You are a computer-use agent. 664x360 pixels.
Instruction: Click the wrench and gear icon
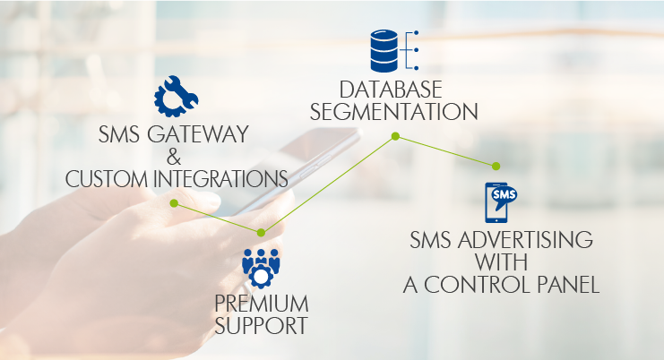click(x=176, y=97)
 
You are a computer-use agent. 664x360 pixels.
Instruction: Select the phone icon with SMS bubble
click(x=500, y=202)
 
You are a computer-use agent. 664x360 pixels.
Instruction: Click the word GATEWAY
click(x=198, y=134)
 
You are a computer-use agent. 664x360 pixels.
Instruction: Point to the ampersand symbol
click(x=174, y=157)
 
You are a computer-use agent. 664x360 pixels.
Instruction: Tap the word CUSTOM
click(x=107, y=179)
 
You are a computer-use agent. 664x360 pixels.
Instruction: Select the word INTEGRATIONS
click(x=220, y=179)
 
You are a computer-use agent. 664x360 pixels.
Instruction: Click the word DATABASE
click(x=391, y=90)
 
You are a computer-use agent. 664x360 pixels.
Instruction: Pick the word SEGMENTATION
click(x=393, y=112)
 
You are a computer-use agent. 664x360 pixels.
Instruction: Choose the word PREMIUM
click(x=262, y=304)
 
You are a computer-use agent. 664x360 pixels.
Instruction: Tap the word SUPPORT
click(x=261, y=325)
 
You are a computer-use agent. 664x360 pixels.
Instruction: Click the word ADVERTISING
click(x=525, y=240)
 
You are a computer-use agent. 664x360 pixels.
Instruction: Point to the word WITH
click(x=502, y=262)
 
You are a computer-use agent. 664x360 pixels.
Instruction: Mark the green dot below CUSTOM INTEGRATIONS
click(x=174, y=203)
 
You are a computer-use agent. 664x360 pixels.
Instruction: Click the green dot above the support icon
click(x=262, y=233)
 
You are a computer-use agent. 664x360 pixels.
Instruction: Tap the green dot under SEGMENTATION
click(x=395, y=136)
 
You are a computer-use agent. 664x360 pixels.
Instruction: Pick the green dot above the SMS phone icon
click(x=496, y=167)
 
